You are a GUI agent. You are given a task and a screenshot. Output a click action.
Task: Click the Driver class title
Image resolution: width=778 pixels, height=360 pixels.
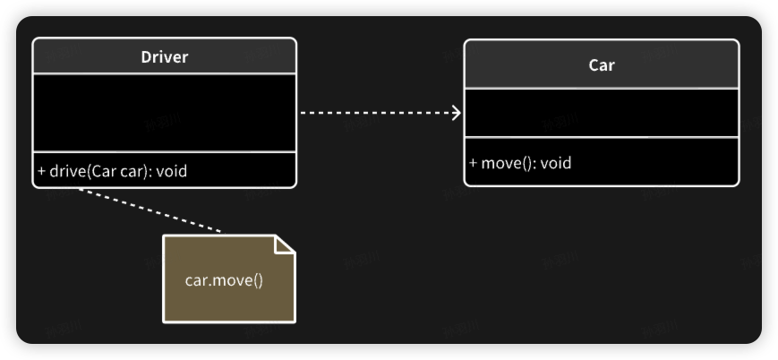(165, 57)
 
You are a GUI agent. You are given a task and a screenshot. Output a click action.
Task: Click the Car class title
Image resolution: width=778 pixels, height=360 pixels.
(602, 65)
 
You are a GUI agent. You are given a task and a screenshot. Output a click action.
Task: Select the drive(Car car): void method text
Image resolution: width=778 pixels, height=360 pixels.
(113, 170)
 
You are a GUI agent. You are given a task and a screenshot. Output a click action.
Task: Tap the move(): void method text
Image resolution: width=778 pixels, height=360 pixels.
(520, 163)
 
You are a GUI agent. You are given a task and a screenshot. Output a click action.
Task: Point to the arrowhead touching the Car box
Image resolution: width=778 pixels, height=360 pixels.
(457, 113)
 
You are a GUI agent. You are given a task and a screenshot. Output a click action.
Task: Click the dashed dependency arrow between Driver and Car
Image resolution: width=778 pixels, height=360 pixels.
(376, 113)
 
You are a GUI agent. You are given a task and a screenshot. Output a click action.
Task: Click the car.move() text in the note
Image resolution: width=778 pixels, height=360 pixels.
(224, 279)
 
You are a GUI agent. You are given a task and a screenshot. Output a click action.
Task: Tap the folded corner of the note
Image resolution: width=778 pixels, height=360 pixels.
(284, 244)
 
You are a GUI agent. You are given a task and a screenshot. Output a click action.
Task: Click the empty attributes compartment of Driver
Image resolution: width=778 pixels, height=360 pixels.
(164, 113)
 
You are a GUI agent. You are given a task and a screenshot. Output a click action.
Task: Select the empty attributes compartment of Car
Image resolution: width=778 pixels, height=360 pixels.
(602, 113)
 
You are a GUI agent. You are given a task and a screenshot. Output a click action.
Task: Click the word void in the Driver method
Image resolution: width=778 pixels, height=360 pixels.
(172, 170)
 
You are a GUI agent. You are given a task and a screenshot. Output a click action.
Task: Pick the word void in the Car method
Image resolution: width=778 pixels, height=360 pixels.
(555, 163)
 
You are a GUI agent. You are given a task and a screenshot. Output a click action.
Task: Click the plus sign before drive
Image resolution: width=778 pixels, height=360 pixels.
(41, 170)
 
